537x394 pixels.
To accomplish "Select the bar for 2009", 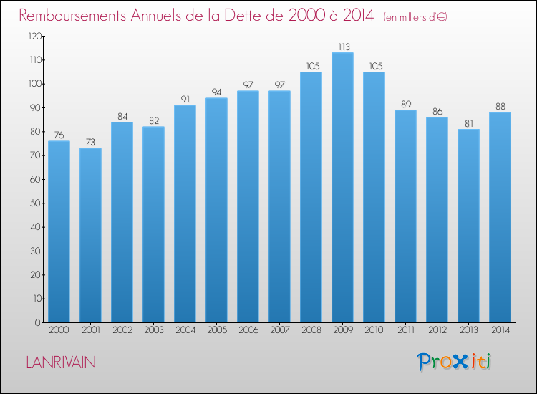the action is (342, 188).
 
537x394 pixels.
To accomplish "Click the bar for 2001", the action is (90, 236).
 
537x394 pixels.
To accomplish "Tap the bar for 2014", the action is (500, 217).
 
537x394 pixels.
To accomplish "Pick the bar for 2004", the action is (185, 213).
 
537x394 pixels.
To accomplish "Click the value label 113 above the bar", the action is (344, 47).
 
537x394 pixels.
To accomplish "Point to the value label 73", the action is (90, 142).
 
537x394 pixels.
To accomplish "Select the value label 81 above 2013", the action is (469, 123).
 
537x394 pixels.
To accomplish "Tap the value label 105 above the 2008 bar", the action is (313, 66).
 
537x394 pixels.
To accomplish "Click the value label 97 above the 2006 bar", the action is (248, 85).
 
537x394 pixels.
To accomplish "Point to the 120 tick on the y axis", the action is (35, 36).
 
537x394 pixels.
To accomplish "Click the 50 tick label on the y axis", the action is (36, 203).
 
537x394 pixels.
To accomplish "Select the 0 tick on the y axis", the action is (38, 322).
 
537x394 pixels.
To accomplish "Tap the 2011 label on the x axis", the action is (406, 330).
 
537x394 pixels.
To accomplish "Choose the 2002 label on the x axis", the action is (122, 330).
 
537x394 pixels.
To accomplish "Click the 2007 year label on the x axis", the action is (280, 330).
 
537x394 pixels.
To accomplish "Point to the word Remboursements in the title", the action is (72, 16).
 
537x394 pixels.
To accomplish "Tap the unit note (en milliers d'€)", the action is (415, 17).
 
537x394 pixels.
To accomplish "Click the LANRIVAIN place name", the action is (61, 362).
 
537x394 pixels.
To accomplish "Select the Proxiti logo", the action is (454, 362).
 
